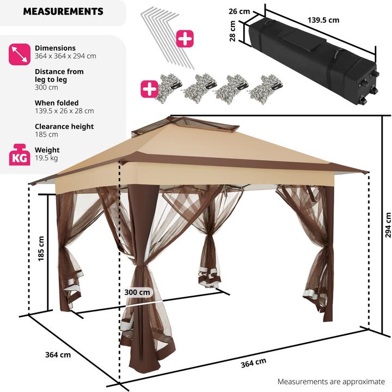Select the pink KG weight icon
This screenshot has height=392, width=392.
pyautogui.click(x=19, y=155)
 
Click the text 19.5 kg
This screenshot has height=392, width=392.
pyautogui.click(x=46, y=158)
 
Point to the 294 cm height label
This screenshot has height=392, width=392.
pyautogui.click(x=388, y=223)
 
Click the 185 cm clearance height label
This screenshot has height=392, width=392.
pyautogui.click(x=41, y=248)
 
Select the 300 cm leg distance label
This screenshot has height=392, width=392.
pyautogui.click(x=137, y=292)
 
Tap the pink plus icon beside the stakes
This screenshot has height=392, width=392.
pyautogui.click(x=185, y=39)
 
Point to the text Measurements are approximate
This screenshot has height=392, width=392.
pyautogui.click(x=330, y=382)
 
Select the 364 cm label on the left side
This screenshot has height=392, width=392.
pyautogui.click(x=58, y=355)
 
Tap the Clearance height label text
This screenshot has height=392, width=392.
pyautogui.click(x=64, y=126)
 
